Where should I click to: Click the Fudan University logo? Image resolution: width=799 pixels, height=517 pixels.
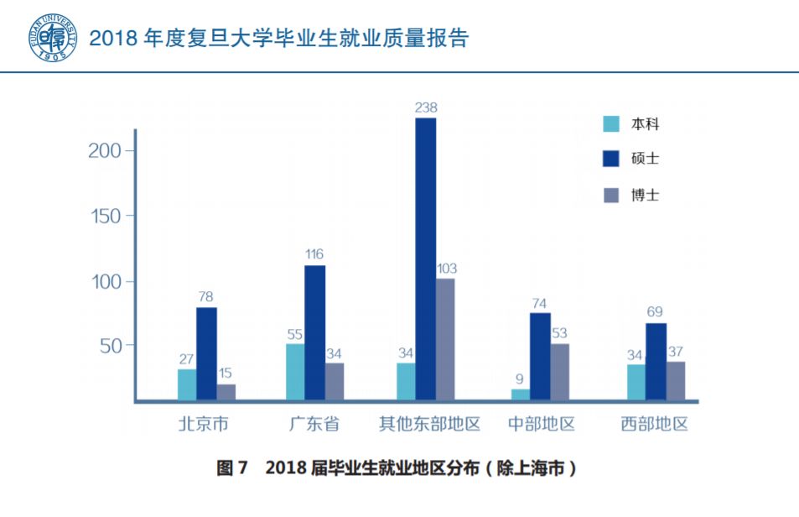pos(53,38)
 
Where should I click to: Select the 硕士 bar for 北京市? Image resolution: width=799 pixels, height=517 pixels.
pos(206,353)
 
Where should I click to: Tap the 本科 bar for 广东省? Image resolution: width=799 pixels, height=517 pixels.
pos(295,371)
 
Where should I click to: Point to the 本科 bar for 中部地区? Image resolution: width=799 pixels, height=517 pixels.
pos(521,394)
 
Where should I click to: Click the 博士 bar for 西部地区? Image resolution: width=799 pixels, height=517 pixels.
pos(675,380)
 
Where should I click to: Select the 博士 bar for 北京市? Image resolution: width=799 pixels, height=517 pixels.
pos(226,391)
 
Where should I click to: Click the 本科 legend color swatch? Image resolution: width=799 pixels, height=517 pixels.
pos(611,124)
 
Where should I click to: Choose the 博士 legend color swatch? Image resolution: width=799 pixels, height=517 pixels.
pos(611,195)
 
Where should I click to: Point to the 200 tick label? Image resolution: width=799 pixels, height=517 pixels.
pos(106,151)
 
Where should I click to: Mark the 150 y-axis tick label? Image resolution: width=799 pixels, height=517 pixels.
pos(106,216)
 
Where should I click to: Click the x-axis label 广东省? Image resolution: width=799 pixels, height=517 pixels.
pos(316,424)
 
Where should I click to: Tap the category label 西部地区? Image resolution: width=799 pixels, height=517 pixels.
pos(656,424)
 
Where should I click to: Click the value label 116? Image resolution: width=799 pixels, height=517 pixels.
pos(314,253)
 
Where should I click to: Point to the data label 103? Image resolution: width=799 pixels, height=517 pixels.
pos(446,268)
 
